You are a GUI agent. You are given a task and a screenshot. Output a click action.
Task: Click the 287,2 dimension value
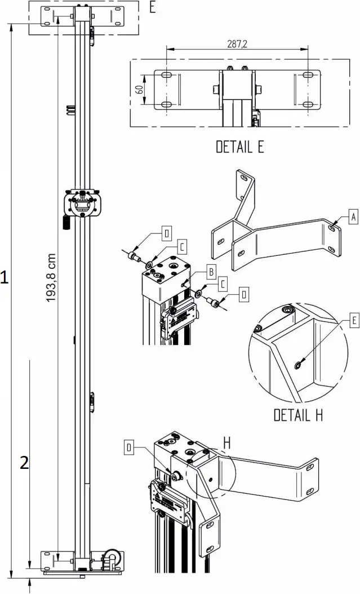tap(237, 45)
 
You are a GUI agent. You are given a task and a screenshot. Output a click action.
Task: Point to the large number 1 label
tap(5, 277)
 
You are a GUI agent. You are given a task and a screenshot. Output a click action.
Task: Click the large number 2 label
tap(24, 463)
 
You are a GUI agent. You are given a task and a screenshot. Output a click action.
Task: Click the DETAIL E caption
tap(240, 147)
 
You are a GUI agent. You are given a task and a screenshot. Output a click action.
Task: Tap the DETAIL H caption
tap(298, 416)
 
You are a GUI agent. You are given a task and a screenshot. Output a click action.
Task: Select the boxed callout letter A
tap(353, 216)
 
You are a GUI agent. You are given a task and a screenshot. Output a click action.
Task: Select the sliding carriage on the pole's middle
tap(83, 203)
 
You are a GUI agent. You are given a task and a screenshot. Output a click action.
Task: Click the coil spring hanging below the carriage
tap(65, 221)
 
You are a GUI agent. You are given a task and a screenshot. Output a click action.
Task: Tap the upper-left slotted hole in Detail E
tap(167, 75)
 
